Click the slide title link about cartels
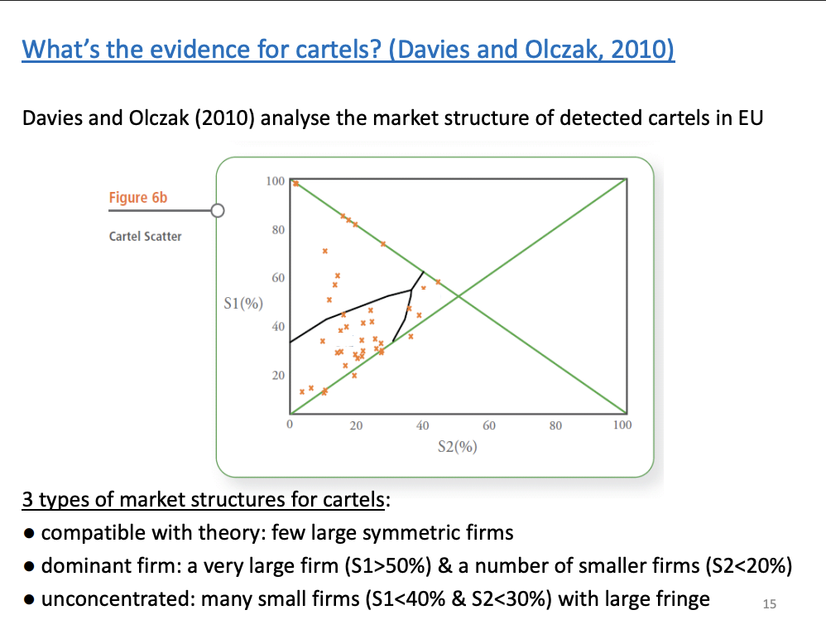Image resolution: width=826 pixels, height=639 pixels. coord(348,49)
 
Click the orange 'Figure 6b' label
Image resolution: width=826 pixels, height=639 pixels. coord(138,197)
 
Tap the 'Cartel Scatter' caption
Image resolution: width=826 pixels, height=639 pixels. coord(145,236)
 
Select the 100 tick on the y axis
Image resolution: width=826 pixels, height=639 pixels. coord(275,180)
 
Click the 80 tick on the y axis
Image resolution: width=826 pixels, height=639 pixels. coord(278,228)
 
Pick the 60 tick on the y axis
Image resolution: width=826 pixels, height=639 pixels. coord(278,277)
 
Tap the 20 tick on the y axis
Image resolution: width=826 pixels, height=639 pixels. coord(278,375)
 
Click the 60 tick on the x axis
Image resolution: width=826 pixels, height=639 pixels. coord(489,425)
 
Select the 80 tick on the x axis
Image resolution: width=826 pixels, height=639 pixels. coord(555,425)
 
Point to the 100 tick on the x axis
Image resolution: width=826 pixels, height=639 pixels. coord(622,425)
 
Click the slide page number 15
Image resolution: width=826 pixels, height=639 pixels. coord(769,604)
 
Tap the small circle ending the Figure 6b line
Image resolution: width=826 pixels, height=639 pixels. coord(218,210)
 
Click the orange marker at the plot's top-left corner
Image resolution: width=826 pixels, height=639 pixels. coord(295,183)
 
